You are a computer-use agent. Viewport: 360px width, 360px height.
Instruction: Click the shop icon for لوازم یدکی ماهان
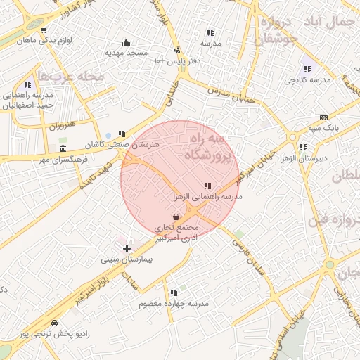coord(44,30)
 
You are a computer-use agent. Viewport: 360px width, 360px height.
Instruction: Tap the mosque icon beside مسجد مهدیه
coord(126,42)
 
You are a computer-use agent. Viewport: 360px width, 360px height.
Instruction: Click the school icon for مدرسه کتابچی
coord(307,70)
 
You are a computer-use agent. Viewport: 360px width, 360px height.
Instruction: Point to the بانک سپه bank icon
coord(323,117)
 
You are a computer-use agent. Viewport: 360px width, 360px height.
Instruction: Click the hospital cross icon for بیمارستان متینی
coord(127,248)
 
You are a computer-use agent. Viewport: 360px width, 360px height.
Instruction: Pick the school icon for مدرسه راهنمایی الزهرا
coord(206,186)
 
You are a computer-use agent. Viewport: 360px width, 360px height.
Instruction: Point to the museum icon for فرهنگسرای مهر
coord(63,149)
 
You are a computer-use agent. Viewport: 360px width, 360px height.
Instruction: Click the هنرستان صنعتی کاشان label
coord(124,143)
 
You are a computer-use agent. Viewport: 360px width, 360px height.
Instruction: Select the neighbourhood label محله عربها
coord(71,75)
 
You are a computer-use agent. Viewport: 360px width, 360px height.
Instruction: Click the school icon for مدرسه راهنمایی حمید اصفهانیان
coord(27,84)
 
